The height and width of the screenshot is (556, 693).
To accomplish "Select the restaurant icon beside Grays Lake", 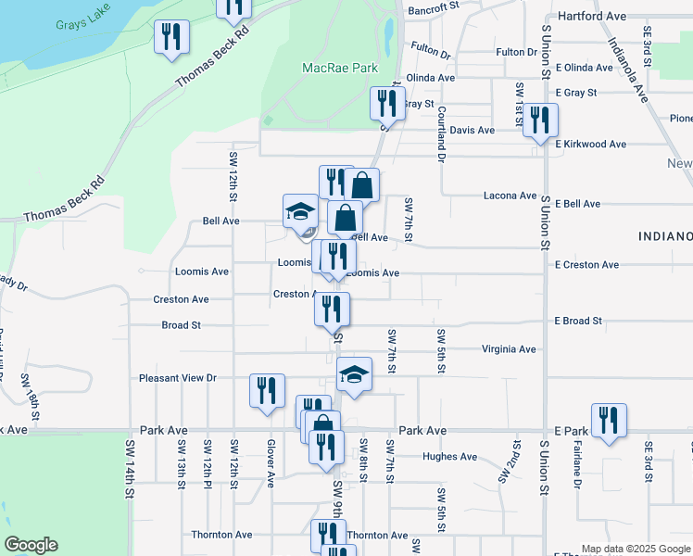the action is (x=170, y=38).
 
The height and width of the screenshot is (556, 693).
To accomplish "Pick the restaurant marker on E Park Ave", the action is (x=609, y=420).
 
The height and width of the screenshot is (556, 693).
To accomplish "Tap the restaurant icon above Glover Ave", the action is (x=267, y=391).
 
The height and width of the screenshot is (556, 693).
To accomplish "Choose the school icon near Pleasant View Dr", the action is (x=354, y=375).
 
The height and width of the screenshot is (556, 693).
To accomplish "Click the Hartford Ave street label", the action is (x=592, y=17).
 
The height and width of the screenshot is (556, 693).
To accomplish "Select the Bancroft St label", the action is (x=433, y=6).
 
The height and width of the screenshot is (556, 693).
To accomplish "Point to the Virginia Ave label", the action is (x=509, y=349).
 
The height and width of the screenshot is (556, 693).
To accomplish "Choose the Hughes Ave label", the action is (x=449, y=457).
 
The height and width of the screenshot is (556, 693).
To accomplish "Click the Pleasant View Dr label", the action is (x=177, y=378).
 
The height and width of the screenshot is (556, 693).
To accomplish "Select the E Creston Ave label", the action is (x=586, y=265).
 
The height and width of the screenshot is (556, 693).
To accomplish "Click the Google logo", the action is (x=31, y=545).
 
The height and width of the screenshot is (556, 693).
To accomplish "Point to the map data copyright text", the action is (x=634, y=549).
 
